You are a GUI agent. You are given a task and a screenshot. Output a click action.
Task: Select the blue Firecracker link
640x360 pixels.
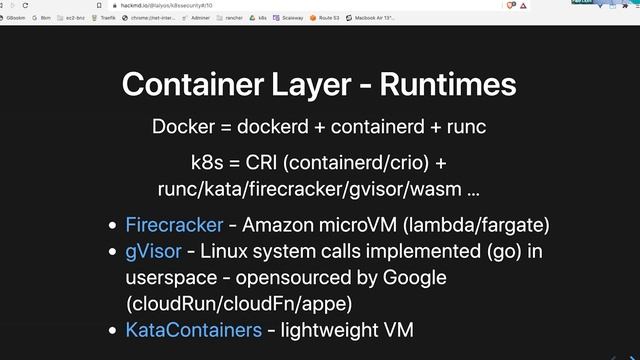click(160, 225)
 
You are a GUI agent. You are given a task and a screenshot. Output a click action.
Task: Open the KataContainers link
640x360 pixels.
click(193, 329)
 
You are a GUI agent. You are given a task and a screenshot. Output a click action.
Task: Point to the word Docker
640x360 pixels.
click(181, 128)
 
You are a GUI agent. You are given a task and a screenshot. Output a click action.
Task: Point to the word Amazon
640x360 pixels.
click(281, 225)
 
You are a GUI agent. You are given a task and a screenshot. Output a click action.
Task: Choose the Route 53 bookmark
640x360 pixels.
click(326, 18)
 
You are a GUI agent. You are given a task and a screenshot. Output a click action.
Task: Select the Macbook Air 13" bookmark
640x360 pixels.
click(377, 18)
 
